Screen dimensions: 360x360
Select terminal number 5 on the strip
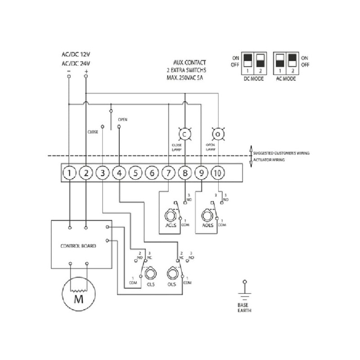[136, 172]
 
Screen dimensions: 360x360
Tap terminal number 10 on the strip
[218, 172]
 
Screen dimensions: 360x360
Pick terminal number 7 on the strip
[168, 172]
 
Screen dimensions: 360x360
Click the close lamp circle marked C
[184, 134]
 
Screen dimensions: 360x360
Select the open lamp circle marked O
[218, 134]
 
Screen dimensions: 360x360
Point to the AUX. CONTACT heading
[187, 63]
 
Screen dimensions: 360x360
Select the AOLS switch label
[207, 225]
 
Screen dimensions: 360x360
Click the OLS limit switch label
[171, 284]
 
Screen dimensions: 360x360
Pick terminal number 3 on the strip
[103, 172]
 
